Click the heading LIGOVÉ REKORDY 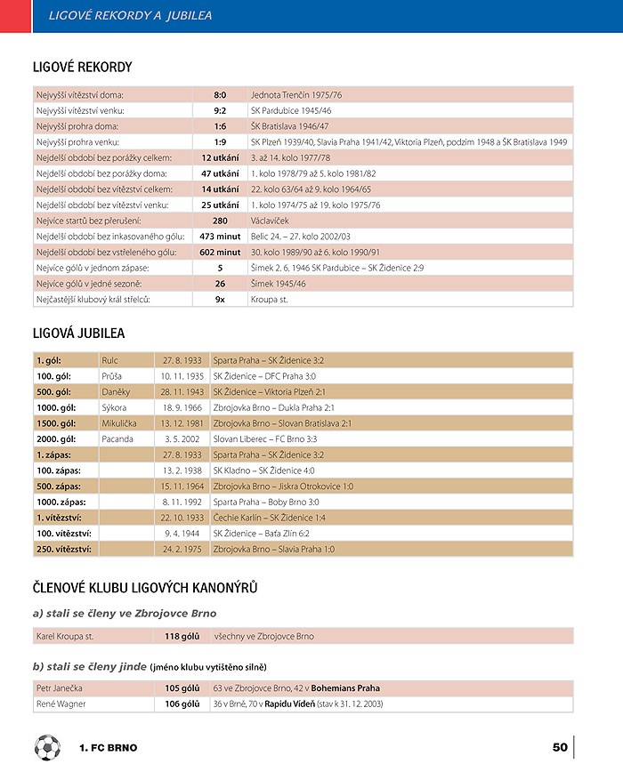82,67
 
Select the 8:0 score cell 220,94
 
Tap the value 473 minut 220,237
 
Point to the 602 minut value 220,252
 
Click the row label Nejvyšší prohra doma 79,126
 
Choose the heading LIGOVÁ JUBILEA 78,334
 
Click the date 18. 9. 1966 182,407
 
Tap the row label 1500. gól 55,423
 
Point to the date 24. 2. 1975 182,550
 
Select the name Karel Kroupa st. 65,636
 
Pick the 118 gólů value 182,636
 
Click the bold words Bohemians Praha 345,688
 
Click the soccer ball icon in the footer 47,747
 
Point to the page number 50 560,747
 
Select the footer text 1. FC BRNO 108,748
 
